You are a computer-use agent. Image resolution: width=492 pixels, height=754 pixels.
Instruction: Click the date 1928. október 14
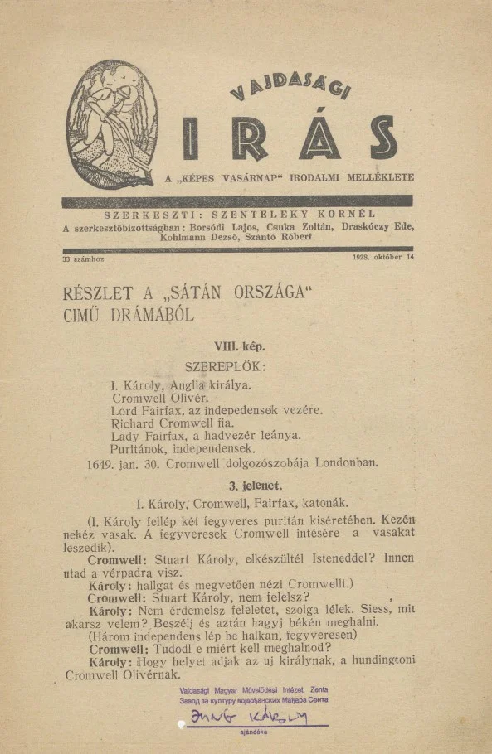[x=382, y=258]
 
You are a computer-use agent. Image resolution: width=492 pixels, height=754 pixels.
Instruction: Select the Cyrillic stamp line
[x=253, y=701]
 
